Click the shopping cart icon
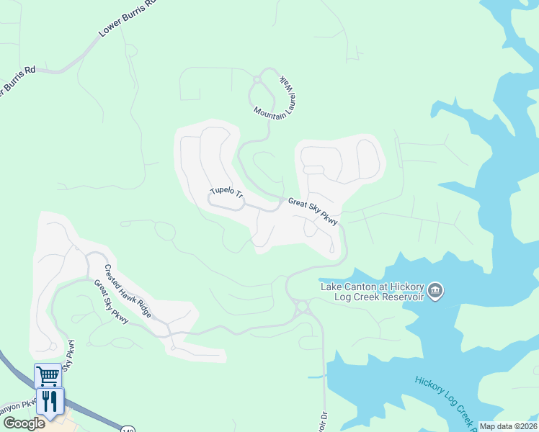pyautogui.click(x=48, y=375)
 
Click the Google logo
pyautogui.click(x=23, y=423)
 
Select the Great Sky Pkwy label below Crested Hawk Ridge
pyautogui.click(x=111, y=301)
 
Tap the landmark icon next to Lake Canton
pyautogui.click(x=435, y=292)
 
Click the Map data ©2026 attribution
pyautogui.click(x=508, y=426)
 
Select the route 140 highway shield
pyautogui.click(x=128, y=427)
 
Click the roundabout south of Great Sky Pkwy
pyautogui.click(x=301, y=308)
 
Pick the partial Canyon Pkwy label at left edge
pyautogui.click(x=17, y=408)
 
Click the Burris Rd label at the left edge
pyautogui.click(x=16, y=81)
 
